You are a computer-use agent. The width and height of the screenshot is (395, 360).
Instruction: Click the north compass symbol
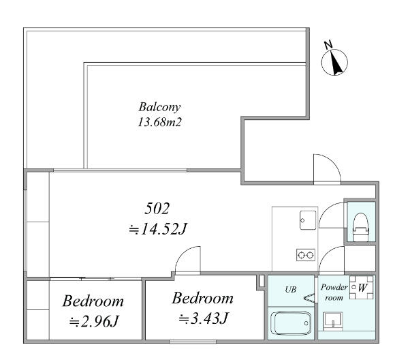(x=334, y=61)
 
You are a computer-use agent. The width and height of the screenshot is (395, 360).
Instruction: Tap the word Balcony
(x=160, y=107)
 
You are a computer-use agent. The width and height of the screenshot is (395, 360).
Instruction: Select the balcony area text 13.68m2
(x=160, y=122)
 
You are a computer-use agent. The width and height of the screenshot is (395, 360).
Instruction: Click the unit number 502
(x=157, y=209)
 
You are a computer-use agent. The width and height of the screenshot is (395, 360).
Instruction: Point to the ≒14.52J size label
(x=157, y=229)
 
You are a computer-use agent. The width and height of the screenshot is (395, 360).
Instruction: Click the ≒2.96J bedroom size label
(x=94, y=321)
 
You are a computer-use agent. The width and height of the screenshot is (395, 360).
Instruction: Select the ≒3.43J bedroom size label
(x=204, y=318)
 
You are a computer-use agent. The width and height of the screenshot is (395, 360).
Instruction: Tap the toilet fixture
(x=361, y=227)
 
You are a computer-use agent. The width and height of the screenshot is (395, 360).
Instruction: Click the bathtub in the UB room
(x=291, y=323)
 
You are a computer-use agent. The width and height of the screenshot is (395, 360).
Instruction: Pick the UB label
(x=291, y=289)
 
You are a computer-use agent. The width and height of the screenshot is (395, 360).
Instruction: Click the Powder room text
(x=334, y=292)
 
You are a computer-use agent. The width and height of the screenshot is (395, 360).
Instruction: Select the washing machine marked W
(x=361, y=287)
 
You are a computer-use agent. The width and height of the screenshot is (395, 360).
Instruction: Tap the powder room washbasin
(x=333, y=321)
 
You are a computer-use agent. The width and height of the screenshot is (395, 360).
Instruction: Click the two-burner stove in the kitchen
(x=306, y=255)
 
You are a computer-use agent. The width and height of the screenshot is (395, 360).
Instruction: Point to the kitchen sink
(x=308, y=220)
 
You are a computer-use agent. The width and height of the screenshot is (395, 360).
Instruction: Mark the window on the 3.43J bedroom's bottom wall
(x=193, y=342)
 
